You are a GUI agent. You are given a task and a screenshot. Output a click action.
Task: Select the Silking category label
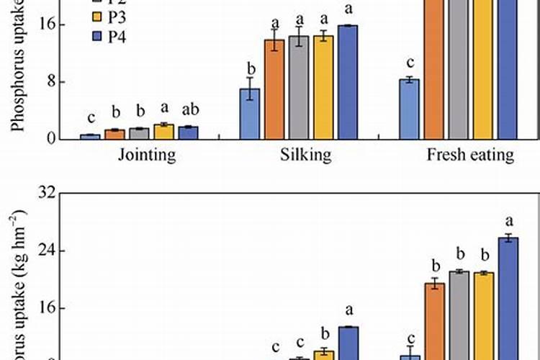pos(301,156)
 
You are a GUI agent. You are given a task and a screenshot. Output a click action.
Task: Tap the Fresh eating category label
pos(470,156)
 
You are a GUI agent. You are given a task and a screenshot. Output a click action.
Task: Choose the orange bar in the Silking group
pos(274,89)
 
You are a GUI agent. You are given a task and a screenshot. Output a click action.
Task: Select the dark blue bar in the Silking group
pos(348,82)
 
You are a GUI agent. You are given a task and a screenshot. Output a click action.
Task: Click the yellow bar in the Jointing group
pos(164,131)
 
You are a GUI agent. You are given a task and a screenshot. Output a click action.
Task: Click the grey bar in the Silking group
pos(299,87)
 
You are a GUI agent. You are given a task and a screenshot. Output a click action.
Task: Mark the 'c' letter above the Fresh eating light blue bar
pos(410,63)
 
